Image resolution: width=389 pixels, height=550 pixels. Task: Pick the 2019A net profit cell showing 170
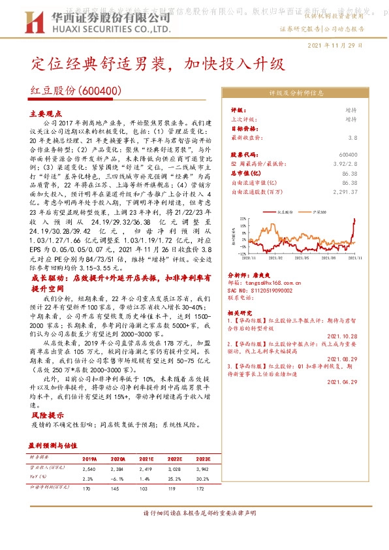89,488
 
